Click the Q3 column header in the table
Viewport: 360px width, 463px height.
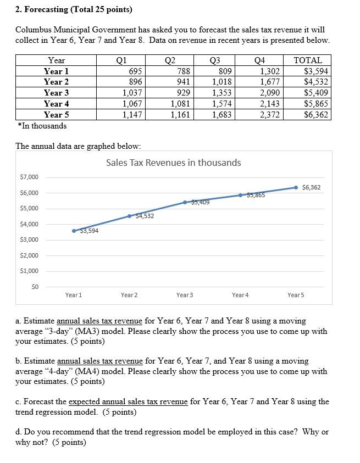pos(223,60)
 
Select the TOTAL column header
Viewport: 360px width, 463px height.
pos(308,60)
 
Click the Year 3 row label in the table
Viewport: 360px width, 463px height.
pos(57,93)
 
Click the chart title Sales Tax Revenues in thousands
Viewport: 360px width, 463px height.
pos(173,163)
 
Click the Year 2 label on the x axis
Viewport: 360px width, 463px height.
pos(129,295)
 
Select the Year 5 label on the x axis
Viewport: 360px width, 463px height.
pos(296,295)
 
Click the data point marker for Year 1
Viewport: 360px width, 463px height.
pos(74,231)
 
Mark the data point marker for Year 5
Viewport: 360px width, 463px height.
pos(296,187)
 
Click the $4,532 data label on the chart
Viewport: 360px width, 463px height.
pos(144,216)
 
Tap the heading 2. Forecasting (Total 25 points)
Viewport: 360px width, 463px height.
pos(66,10)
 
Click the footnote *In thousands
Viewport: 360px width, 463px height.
pos(42,126)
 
